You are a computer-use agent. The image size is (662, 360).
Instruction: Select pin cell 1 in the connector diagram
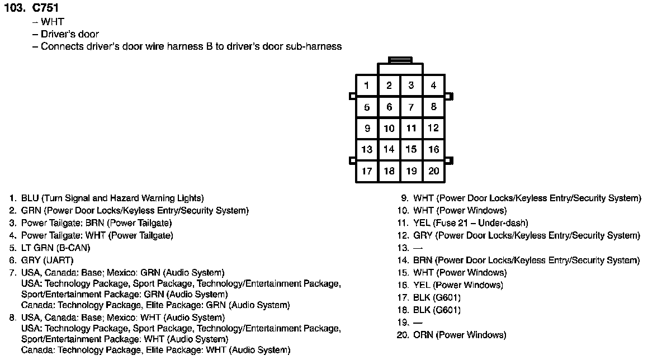point(367,86)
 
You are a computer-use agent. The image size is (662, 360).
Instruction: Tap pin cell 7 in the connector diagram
point(411,107)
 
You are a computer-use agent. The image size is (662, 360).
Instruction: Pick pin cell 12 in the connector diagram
point(433,128)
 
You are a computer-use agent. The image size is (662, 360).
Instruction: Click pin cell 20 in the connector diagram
point(433,171)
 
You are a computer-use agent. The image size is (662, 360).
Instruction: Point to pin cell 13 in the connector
point(367,149)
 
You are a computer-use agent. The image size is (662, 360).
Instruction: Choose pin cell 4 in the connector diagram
point(433,86)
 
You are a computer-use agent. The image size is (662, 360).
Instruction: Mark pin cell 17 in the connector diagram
point(367,171)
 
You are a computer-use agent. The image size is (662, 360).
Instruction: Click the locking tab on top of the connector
point(400,59)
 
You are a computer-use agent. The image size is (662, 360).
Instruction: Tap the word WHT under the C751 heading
point(53,22)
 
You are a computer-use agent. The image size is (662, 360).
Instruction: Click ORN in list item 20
point(423,335)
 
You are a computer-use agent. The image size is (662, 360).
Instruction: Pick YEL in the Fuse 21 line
point(422,223)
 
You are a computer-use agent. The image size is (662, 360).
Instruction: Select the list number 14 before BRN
point(403,260)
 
